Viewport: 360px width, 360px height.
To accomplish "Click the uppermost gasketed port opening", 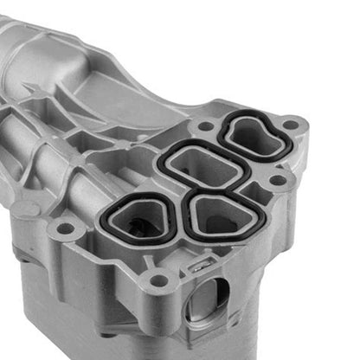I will point(253,136).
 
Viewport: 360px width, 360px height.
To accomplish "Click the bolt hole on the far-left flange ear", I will point(64,229).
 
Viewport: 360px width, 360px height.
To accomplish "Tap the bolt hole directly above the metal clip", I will point(159,280).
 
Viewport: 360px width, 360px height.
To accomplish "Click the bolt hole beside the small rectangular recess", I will point(278,180).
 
